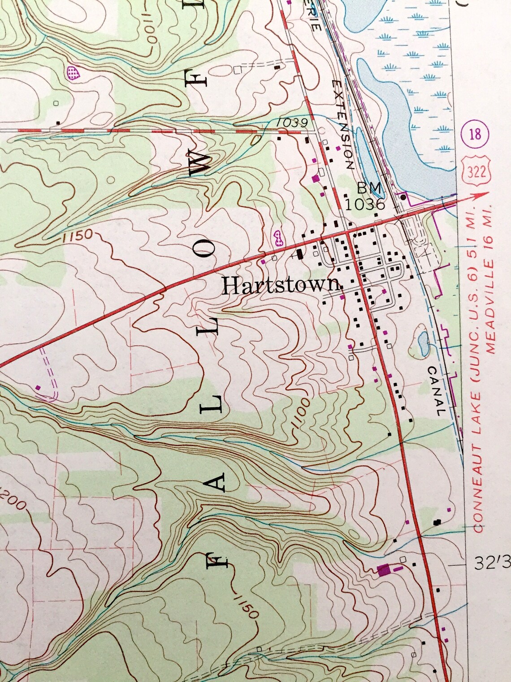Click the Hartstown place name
coord(281,285)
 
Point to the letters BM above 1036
coord(369,188)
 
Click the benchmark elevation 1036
coord(365,205)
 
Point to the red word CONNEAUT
coord(478,498)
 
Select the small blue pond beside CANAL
coord(422,343)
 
